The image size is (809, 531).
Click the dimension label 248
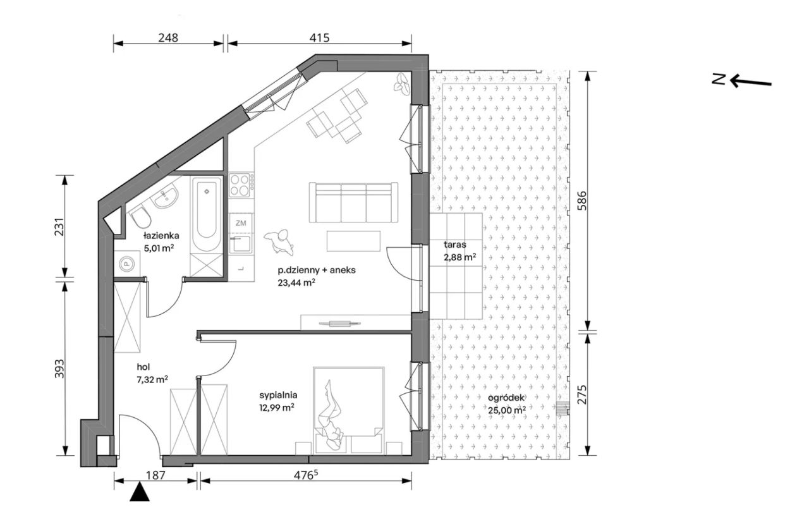click(x=168, y=37)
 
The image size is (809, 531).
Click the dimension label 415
click(x=320, y=37)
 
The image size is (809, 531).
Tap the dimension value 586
click(x=582, y=200)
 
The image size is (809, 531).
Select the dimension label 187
click(x=156, y=475)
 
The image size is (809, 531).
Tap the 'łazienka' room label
click(x=161, y=236)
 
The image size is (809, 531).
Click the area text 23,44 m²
click(x=297, y=283)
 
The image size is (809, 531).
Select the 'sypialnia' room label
click(x=278, y=395)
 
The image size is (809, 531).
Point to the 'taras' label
click(x=454, y=245)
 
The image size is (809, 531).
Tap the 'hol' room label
click(x=143, y=367)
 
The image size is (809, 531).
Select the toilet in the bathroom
click(x=140, y=216)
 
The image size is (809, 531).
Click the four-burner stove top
click(x=240, y=185)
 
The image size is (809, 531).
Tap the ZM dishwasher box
click(x=241, y=223)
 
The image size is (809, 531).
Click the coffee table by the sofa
click(x=353, y=241)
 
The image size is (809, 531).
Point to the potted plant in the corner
click(x=401, y=85)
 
